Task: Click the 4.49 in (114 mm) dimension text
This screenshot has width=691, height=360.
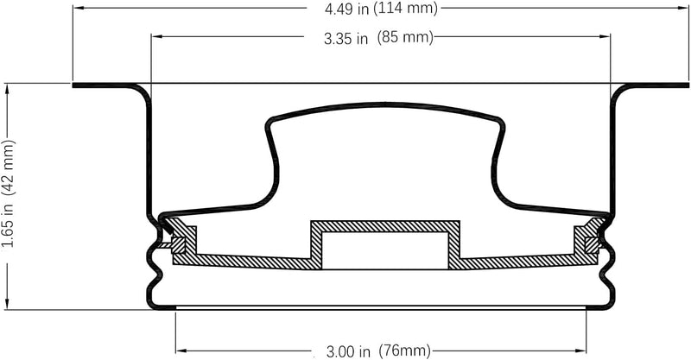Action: pyautogui.click(x=381, y=9)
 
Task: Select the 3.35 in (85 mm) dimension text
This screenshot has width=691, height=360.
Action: pyautogui.click(x=378, y=38)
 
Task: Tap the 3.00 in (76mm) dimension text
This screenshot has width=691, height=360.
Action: pyautogui.click(x=378, y=351)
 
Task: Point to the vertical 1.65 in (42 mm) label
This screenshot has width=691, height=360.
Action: pyautogui.click(x=9, y=193)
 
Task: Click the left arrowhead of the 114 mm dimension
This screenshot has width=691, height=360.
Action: pyautogui.click(x=79, y=8)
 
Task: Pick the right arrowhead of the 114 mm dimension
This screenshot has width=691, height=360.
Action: pyautogui.click(x=682, y=8)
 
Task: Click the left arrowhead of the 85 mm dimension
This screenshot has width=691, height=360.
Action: pyautogui.click(x=157, y=36)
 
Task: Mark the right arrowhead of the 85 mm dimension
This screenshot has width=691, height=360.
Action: pyautogui.click(x=605, y=36)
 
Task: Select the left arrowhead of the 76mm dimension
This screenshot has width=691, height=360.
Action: pyautogui.click(x=182, y=351)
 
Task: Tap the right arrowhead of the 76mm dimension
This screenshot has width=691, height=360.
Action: pyautogui.click(x=580, y=351)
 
